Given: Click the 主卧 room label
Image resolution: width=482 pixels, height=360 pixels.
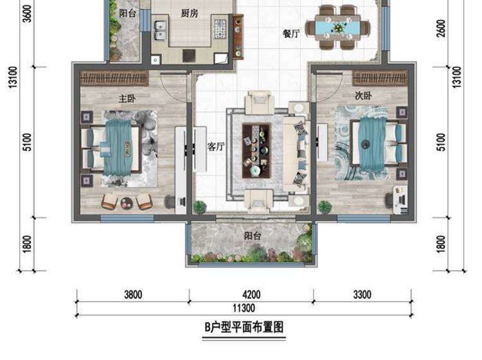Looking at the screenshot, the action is (x=127, y=99).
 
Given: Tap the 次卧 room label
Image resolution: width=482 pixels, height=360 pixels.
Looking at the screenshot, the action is (x=363, y=96).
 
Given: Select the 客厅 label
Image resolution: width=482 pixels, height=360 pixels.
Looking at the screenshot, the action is (x=216, y=147).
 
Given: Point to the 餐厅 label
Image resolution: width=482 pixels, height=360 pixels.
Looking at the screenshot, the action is (x=291, y=33).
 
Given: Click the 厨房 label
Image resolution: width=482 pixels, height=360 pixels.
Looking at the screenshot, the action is (x=190, y=14).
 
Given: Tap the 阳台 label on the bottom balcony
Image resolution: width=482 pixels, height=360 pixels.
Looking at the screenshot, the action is (x=253, y=236).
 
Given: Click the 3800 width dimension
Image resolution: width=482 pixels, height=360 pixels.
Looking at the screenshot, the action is (x=133, y=294).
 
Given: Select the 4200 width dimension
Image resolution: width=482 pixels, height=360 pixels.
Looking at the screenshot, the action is (x=251, y=294).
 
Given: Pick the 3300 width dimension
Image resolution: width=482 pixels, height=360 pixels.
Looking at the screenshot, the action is (x=362, y=294).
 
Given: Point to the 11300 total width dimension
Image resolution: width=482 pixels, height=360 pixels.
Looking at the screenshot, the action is (x=244, y=308).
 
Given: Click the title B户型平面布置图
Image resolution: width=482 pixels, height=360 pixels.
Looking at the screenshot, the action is (x=244, y=327).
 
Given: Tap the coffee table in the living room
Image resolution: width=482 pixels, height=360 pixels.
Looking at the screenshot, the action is (x=256, y=150).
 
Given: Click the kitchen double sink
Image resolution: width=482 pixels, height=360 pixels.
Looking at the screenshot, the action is (x=160, y=30).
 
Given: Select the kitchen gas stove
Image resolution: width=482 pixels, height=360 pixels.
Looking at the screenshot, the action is (x=220, y=28).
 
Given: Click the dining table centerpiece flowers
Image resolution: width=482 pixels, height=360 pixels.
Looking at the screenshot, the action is (x=338, y=28).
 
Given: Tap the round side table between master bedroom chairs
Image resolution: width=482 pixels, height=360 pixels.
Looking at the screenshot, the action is (x=126, y=203).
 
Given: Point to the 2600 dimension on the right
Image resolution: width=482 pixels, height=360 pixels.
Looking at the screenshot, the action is (x=441, y=28).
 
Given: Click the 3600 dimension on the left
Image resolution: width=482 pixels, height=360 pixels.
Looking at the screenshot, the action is (x=27, y=14).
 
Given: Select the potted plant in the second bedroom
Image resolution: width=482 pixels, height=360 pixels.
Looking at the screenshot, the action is (x=324, y=207).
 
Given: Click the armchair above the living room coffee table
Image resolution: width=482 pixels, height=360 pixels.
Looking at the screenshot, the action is (x=259, y=102).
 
